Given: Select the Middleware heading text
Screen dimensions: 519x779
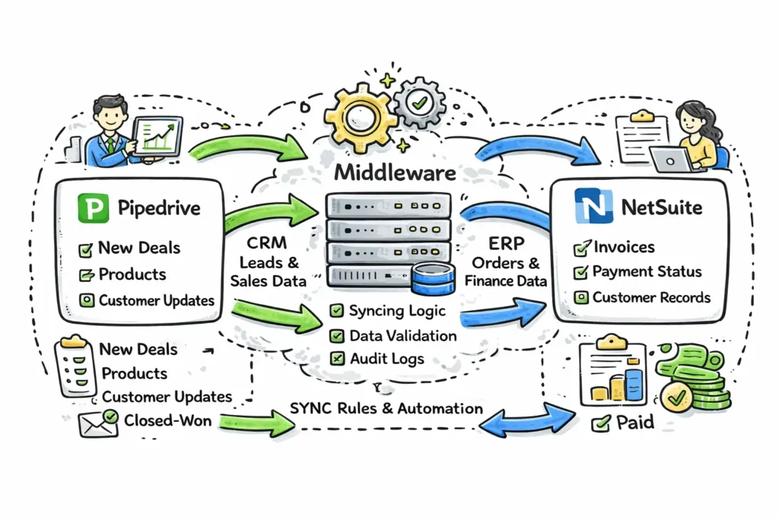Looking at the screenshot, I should coord(395,172).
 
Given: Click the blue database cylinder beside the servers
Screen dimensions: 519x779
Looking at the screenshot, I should coord(431,278).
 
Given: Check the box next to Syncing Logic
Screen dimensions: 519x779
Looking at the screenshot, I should coord(335,311).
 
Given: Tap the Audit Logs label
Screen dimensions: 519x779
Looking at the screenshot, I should coord(386,358).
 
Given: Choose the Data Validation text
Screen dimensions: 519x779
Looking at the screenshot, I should coord(402,334).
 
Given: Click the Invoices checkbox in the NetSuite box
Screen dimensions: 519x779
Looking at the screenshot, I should coord(582,247).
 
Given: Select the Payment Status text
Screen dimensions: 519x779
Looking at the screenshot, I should coord(647,271).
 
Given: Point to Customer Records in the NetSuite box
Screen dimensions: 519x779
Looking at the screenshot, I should coord(652,296).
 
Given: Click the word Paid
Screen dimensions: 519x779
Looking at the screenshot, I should coord(634,422).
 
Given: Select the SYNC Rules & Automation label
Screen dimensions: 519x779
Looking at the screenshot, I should coord(386,408).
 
